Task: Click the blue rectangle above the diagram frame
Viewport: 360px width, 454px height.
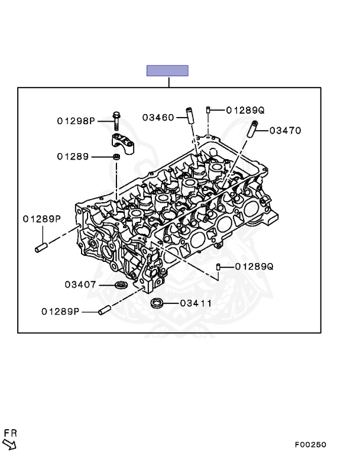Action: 167,71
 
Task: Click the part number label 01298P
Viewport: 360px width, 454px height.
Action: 76,121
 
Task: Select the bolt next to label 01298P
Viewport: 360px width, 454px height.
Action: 116,121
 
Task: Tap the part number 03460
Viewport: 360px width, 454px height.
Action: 158,117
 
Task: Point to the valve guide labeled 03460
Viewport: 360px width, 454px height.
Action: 190,115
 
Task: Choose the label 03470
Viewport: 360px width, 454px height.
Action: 286,131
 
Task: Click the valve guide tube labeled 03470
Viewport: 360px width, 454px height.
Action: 254,128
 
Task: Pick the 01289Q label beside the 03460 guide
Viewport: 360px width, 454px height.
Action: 245,110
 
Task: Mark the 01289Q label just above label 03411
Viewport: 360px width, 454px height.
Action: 254,267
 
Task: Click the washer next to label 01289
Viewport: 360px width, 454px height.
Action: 117,157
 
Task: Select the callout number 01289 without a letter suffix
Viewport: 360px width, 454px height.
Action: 73,157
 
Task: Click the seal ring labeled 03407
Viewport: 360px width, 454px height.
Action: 121,286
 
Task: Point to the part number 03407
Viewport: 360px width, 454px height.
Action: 80,284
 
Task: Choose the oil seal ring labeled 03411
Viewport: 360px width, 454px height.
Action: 157,304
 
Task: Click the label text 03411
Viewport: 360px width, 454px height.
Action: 196,303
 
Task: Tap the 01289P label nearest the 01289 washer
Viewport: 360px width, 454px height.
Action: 42,219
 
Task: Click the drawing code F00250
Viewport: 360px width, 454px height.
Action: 311,445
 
